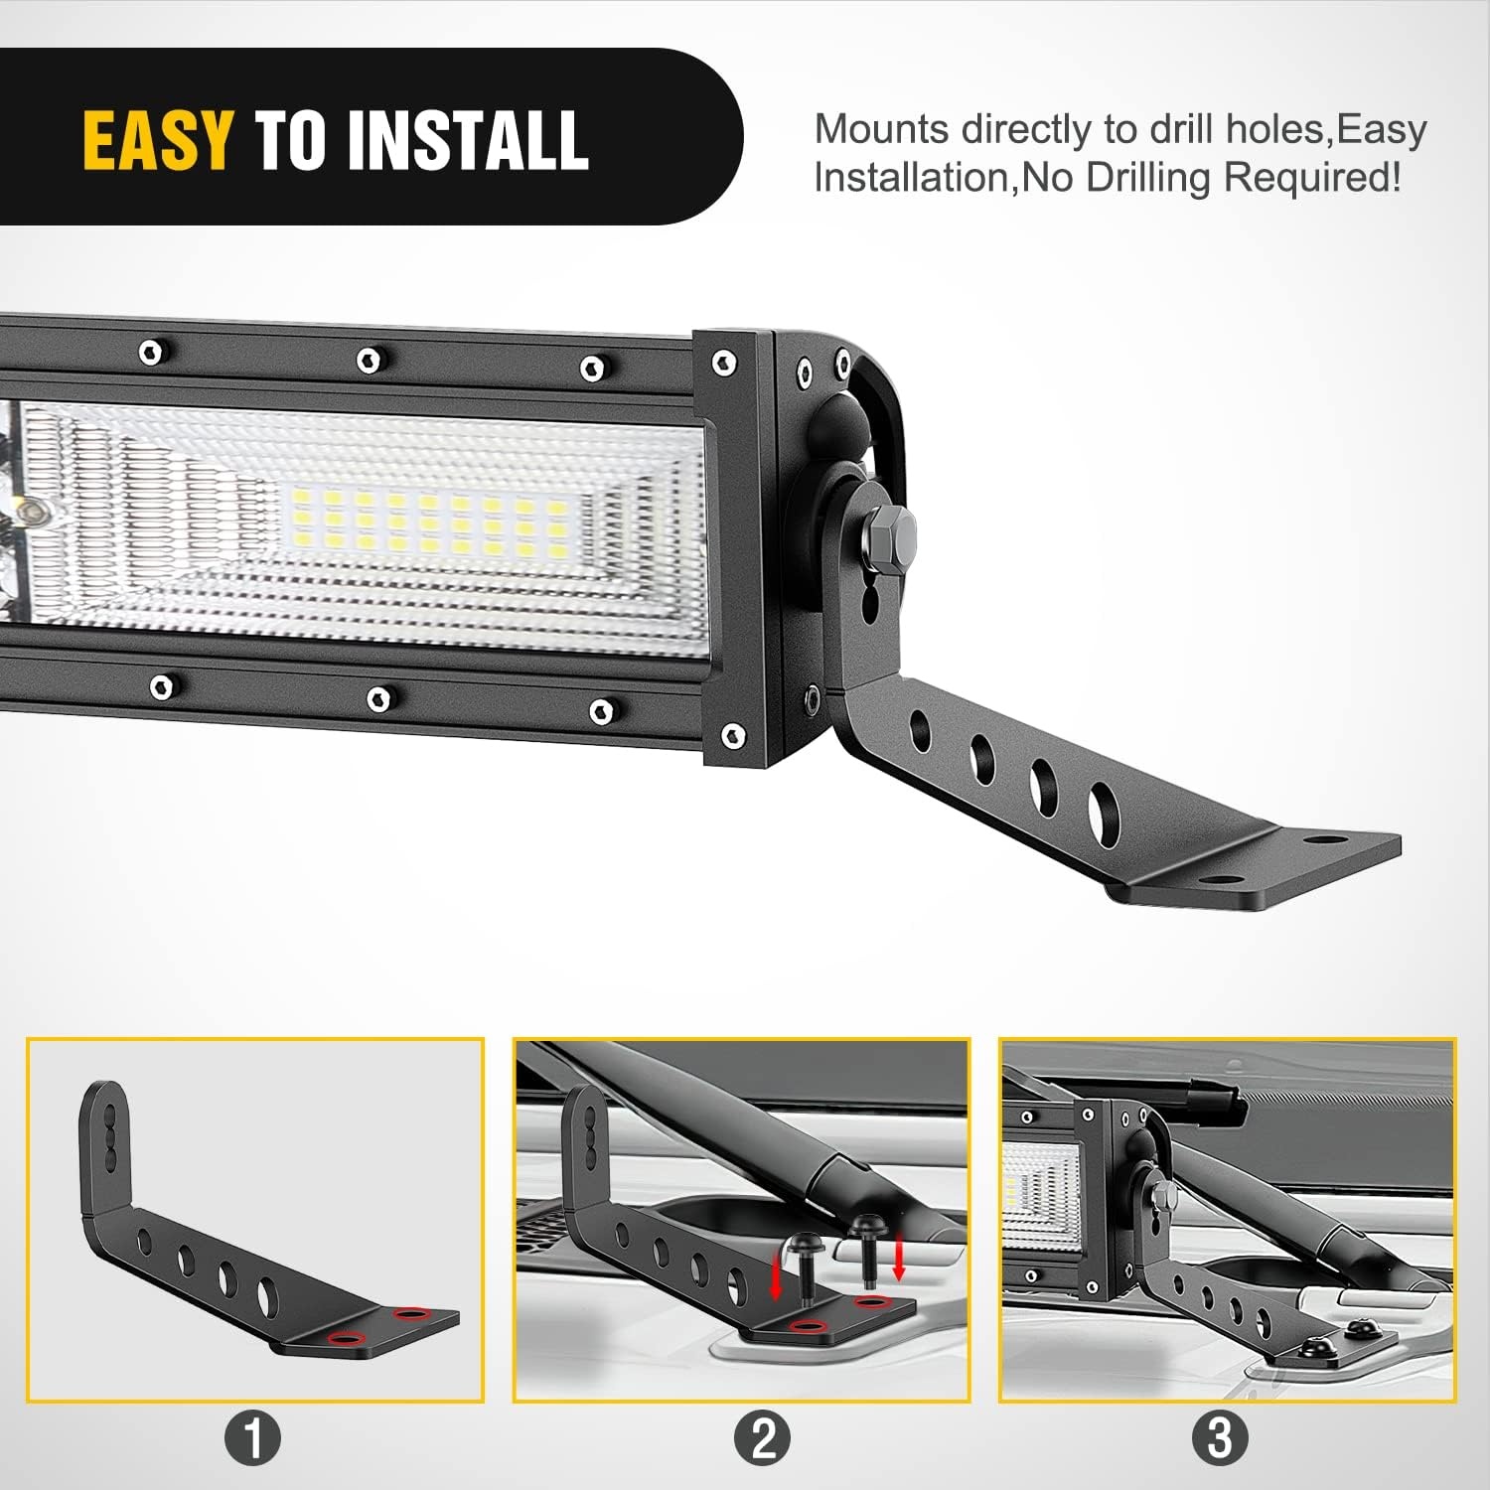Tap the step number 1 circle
(253, 1437)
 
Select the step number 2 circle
(763, 1437)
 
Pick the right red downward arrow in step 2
(899, 1259)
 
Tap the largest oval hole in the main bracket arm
(1103, 811)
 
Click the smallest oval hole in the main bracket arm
(920, 730)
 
